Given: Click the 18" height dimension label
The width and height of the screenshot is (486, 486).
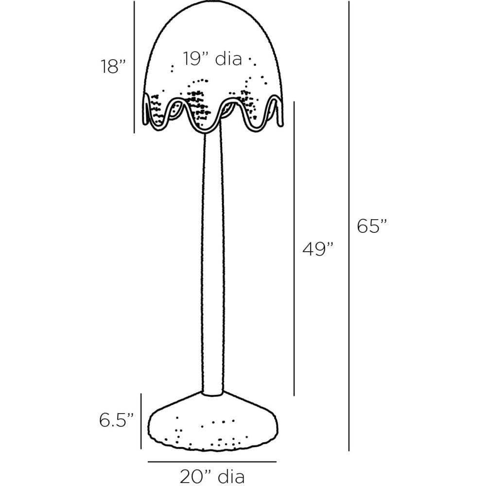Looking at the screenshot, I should (113, 66).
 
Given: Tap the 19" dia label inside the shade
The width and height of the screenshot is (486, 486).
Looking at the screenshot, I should (212, 59).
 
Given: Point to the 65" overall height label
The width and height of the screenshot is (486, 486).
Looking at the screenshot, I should (372, 226).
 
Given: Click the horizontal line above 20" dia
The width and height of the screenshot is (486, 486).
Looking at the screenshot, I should (212, 461).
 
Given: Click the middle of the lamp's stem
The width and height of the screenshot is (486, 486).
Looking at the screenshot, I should (212, 262).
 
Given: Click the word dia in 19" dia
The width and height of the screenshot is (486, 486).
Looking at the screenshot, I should (228, 59).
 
